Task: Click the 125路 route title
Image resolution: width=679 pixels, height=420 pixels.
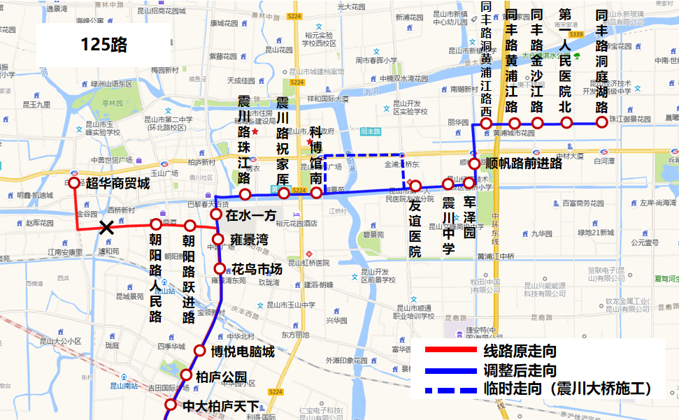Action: tap(104, 45)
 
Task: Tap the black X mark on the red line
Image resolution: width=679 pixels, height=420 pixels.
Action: tap(106, 227)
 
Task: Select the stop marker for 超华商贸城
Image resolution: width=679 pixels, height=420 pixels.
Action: tap(74, 183)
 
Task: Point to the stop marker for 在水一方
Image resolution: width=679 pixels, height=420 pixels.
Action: tap(216, 215)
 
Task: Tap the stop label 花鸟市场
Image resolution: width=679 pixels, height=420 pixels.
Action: tap(257, 269)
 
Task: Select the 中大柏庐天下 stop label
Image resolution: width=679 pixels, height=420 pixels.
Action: tap(221, 405)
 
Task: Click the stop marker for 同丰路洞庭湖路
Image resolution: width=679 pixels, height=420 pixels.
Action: tap(601, 123)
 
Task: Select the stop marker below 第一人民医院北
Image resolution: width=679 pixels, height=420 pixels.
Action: tap(566, 123)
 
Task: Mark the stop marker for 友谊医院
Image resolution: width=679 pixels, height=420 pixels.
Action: tap(415, 186)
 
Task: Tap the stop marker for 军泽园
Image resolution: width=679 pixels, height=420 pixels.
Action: tap(469, 182)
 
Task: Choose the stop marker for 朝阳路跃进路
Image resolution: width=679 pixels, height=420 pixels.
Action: tap(190, 226)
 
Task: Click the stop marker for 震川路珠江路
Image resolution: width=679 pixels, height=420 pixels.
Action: tap(245, 194)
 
